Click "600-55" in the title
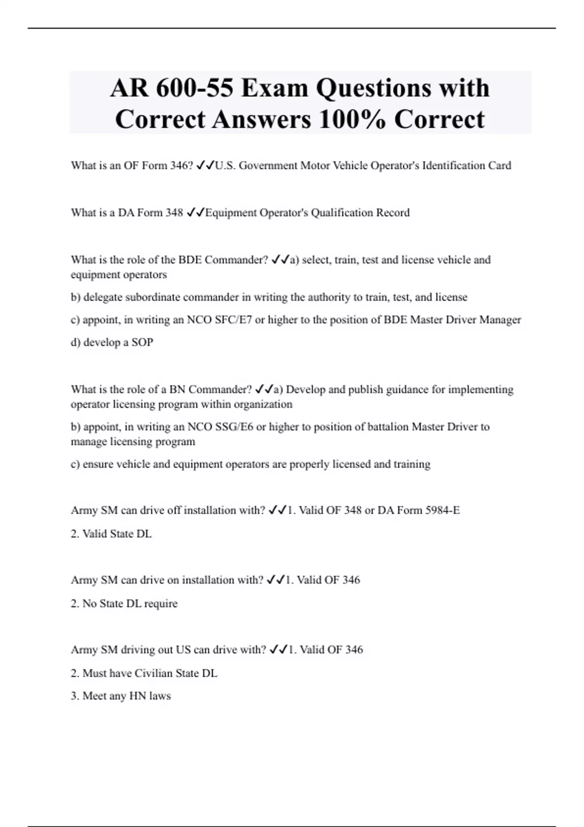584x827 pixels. (x=194, y=88)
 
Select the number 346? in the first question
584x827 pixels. (x=182, y=165)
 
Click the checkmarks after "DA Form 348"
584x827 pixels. (x=196, y=213)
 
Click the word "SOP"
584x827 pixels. (x=142, y=342)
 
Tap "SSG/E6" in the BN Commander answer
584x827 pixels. (x=234, y=427)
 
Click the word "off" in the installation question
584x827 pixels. (x=174, y=510)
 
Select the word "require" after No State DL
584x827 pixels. (x=161, y=604)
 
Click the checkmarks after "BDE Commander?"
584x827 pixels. (x=280, y=260)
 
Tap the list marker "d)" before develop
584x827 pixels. (x=75, y=342)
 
